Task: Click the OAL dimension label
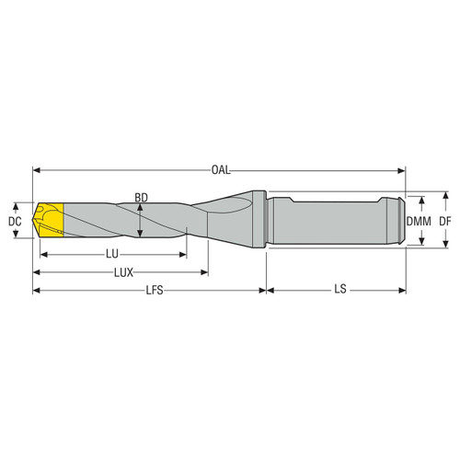point(220,169)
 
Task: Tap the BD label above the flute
point(141,197)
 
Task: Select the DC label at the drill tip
point(14,221)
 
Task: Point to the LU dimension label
point(115,253)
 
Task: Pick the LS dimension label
point(340,291)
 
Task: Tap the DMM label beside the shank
point(420,221)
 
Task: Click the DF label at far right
point(445,221)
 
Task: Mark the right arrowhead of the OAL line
point(401,169)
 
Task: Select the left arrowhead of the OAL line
point(38,169)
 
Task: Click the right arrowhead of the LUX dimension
point(204,272)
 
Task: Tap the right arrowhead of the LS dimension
point(401,291)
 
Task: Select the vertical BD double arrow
point(138,221)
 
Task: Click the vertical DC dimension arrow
point(22,221)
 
